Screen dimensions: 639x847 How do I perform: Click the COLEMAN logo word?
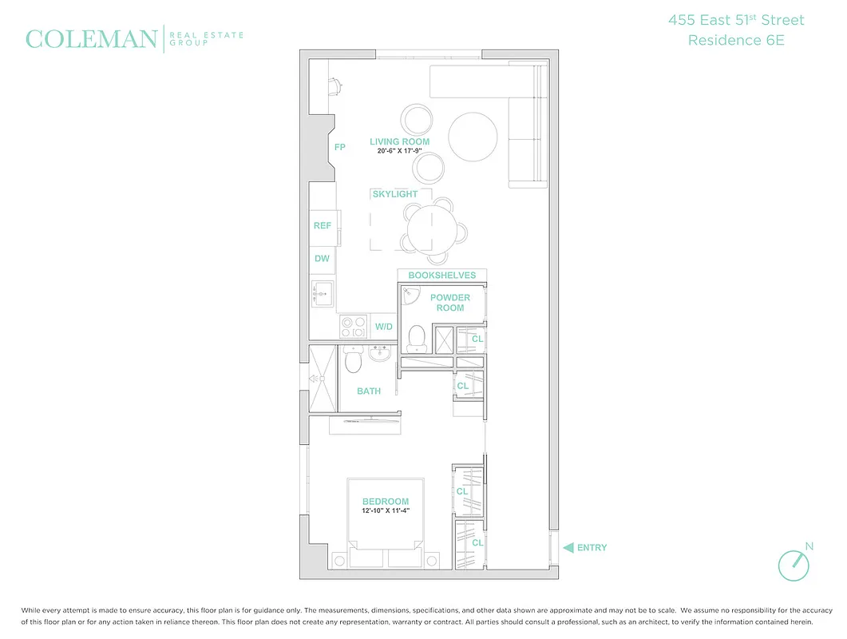point(91,39)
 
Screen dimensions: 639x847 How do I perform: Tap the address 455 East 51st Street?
point(736,21)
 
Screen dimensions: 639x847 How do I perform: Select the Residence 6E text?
point(736,40)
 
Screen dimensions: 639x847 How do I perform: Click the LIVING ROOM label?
point(399,141)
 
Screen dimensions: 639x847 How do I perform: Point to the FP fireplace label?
point(339,148)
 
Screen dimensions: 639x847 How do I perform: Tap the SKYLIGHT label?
point(395,194)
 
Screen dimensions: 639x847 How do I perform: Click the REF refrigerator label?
point(322,226)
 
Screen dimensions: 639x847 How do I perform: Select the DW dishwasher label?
point(322,259)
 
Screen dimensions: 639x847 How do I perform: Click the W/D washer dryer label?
point(384,327)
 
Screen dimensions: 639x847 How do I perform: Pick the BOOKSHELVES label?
point(441,276)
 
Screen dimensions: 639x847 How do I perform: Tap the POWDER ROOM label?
point(450,303)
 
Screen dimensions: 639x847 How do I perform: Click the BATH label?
point(369,391)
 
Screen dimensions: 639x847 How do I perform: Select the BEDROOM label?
point(386,502)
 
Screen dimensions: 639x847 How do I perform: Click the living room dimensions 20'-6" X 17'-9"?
point(399,151)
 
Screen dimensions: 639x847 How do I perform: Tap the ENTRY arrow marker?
point(568,548)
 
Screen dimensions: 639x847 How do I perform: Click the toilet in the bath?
point(354,362)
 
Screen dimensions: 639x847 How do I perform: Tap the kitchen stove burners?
point(353,326)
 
